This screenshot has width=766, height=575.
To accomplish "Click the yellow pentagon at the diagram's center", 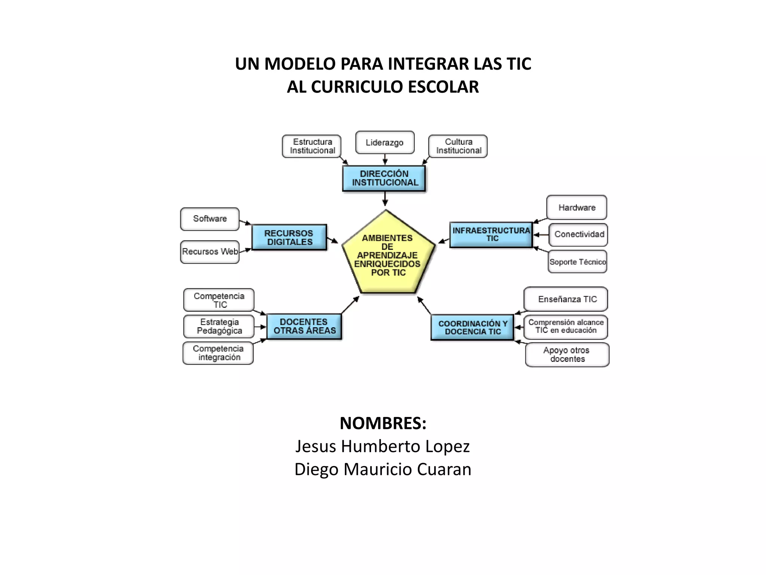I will [x=388, y=255].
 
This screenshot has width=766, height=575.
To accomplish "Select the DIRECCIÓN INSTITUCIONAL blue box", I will [x=384, y=178].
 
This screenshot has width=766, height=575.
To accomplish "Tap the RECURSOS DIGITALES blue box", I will [x=289, y=237].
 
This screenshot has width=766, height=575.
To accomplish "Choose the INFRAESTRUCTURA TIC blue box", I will [x=491, y=234].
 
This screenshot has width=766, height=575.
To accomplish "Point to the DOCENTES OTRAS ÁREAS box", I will [x=304, y=326].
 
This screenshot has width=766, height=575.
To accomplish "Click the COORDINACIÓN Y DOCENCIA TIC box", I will [x=472, y=327].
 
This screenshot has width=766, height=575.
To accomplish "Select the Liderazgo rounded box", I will [x=384, y=143].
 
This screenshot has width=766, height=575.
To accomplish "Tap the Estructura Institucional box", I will [x=312, y=146].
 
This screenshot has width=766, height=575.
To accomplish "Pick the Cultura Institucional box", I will [x=458, y=146].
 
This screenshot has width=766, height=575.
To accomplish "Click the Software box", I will [x=210, y=219].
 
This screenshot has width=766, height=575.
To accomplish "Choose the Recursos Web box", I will [x=210, y=252].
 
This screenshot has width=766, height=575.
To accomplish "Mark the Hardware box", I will [x=576, y=207].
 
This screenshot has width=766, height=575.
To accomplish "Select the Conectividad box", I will [x=578, y=235].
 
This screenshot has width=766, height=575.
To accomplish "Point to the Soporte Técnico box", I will [x=577, y=262].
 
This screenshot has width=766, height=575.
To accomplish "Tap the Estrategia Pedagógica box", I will [x=219, y=326].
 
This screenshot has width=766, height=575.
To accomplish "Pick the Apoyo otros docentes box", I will [x=567, y=355].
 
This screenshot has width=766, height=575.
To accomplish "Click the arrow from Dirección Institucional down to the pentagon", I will [x=385, y=198].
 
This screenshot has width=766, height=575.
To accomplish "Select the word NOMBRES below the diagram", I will [x=382, y=423].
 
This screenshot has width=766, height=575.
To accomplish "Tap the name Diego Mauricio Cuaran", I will [x=383, y=469].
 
